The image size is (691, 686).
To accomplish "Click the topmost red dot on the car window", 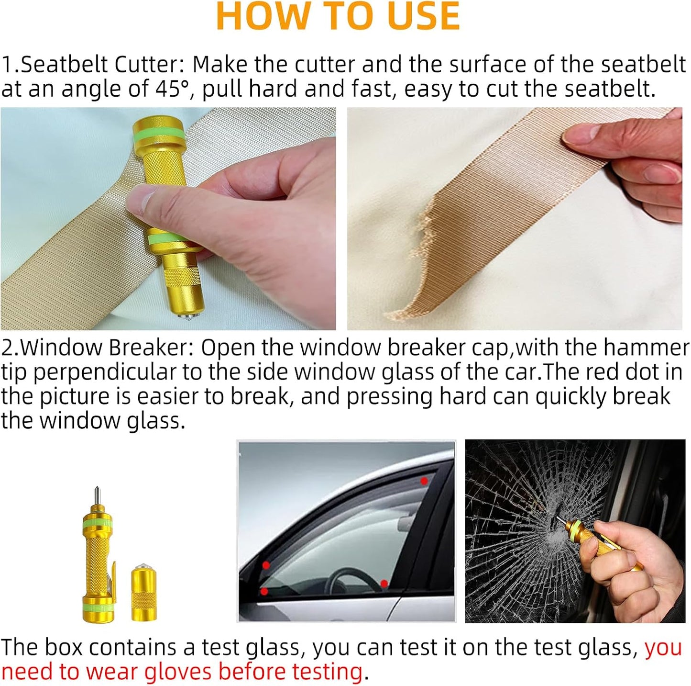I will pos(424,481).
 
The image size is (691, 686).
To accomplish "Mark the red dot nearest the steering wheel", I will pos(384,583).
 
